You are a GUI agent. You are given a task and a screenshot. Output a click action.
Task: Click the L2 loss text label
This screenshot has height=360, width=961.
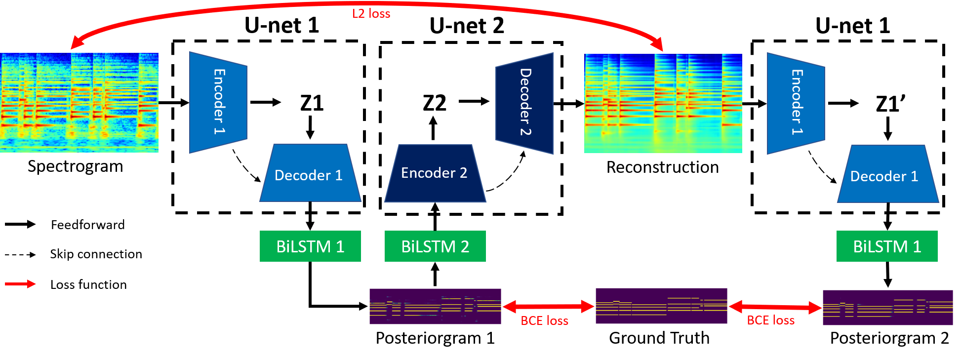(x=371, y=14)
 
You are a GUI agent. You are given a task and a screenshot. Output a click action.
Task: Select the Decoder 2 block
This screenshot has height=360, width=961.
(x=524, y=103)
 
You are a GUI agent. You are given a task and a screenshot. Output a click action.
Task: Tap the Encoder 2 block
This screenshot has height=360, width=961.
(x=435, y=173)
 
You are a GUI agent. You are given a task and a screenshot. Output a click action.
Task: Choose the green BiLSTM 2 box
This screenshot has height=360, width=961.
(x=435, y=246)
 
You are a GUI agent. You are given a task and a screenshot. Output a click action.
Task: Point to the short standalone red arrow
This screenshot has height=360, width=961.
(x=20, y=284)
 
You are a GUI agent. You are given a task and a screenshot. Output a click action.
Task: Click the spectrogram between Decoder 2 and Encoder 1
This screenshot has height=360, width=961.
(x=663, y=103)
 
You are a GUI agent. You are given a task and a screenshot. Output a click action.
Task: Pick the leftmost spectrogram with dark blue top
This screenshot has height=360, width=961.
(x=79, y=103)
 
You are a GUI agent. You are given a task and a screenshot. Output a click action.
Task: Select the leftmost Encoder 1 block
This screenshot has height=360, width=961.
(x=218, y=102)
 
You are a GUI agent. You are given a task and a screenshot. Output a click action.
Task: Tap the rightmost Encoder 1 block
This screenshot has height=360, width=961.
(x=796, y=103)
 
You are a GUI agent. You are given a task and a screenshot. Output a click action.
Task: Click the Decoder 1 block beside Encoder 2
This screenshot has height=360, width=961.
(x=310, y=174)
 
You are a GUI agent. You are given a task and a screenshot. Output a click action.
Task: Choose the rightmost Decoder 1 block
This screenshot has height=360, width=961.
(x=887, y=175)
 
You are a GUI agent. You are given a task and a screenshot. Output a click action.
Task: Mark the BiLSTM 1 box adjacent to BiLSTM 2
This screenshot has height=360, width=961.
(x=310, y=246)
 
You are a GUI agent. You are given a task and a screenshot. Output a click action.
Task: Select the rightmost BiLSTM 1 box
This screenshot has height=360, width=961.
(x=887, y=246)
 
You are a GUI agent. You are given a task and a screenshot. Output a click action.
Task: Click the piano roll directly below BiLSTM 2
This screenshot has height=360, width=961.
(x=435, y=306)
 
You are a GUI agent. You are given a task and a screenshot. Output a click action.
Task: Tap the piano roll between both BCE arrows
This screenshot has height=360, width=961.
(x=661, y=306)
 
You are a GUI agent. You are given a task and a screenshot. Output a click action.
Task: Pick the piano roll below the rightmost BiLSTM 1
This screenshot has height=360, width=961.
(x=887, y=307)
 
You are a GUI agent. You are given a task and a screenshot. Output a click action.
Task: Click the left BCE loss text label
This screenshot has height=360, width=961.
(x=544, y=321)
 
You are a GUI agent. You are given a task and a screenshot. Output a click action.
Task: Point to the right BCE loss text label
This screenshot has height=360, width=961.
(x=770, y=320)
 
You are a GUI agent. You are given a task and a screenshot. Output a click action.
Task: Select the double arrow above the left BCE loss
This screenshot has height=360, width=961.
(x=548, y=307)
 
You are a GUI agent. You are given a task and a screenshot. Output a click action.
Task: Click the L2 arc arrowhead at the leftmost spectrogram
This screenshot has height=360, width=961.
(x=75, y=44)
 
